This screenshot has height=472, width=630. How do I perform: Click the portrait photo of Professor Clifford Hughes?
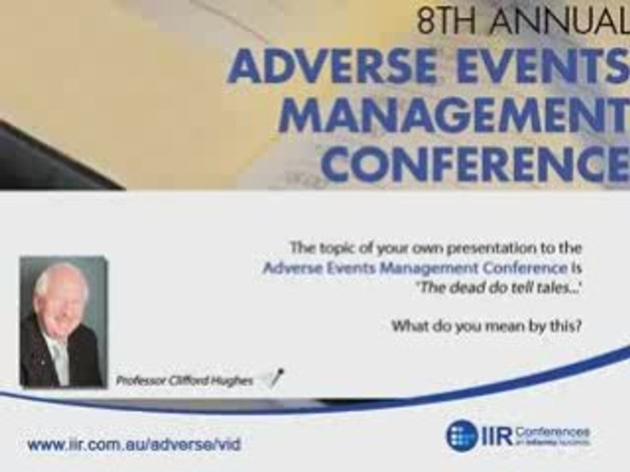point(62,321)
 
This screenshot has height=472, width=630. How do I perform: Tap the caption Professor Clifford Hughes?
point(184,380)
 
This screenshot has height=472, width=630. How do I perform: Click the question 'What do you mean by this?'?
point(486,326)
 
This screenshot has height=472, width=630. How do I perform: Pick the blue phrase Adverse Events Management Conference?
point(415,268)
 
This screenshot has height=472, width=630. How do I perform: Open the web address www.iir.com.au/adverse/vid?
point(134,444)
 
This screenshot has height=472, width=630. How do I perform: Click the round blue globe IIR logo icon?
point(461,435)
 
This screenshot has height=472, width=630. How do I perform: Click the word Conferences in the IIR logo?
point(552,431)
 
